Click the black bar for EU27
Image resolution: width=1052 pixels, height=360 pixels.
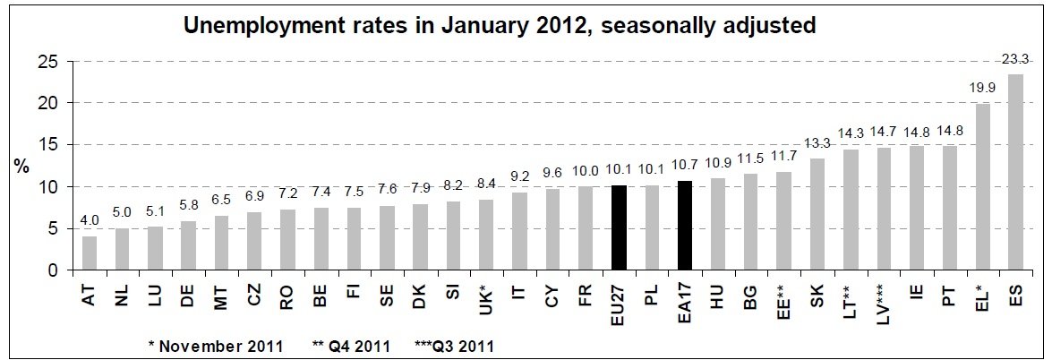(619, 227)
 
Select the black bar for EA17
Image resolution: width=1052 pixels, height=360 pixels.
(685, 225)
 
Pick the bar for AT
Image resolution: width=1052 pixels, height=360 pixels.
(90, 253)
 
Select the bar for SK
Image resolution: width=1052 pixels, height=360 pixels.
(817, 214)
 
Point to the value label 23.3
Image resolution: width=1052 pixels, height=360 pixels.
(1015, 57)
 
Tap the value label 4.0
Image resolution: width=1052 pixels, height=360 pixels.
(90, 219)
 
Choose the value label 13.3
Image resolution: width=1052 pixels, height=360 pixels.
(817, 141)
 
